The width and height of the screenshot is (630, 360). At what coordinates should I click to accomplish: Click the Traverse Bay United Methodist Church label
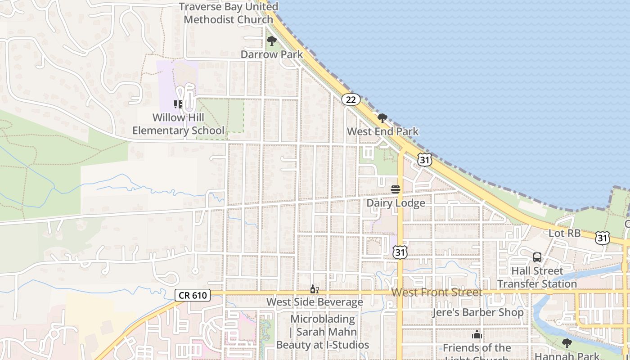(x=229, y=13)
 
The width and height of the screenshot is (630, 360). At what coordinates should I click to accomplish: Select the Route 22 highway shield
(x=351, y=99)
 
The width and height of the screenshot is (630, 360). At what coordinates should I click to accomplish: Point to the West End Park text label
(x=382, y=131)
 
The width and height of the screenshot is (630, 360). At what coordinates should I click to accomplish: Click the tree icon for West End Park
(x=382, y=118)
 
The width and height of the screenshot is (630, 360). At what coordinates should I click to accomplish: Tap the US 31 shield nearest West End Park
(x=424, y=159)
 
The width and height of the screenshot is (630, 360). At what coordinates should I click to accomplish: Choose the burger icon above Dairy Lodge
(x=396, y=189)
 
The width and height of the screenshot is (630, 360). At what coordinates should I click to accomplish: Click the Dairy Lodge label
(x=396, y=203)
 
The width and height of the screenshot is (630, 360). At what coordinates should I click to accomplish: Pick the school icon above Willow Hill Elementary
(x=178, y=104)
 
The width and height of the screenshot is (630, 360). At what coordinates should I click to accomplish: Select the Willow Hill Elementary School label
(x=178, y=124)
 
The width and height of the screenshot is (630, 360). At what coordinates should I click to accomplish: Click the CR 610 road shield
(x=193, y=295)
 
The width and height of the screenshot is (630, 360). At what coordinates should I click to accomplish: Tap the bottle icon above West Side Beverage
(x=314, y=289)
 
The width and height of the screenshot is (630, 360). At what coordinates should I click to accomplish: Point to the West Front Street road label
(x=436, y=292)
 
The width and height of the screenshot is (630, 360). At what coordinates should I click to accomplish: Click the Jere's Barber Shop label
(x=478, y=312)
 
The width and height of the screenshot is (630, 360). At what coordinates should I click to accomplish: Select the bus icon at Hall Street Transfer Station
(x=537, y=257)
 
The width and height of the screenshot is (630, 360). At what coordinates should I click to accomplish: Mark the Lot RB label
(x=564, y=233)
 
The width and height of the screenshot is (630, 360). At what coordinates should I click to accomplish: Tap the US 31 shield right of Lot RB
(x=602, y=238)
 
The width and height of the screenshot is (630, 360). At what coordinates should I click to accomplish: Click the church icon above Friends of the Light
(x=477, y=335)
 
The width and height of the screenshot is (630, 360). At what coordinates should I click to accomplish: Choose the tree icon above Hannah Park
(x=567, y=343)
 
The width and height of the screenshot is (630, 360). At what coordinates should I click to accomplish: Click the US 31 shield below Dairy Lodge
(x=400, y=252)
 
